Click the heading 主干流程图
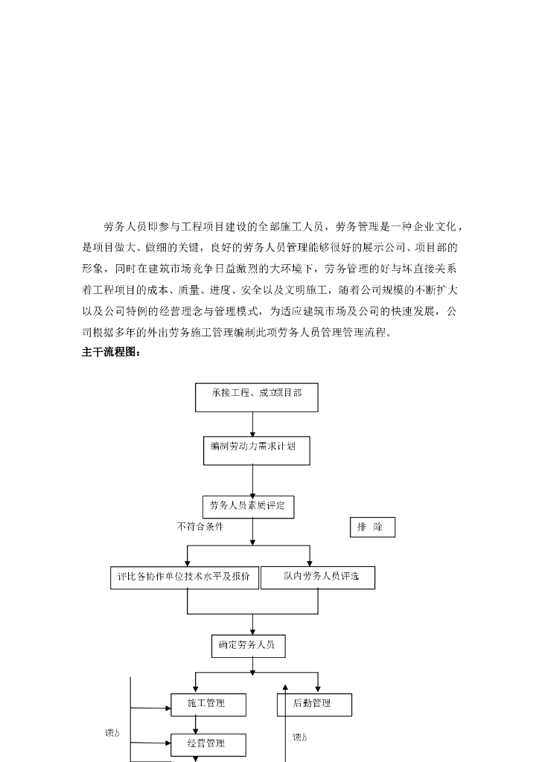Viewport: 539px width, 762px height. (x=111, y=353)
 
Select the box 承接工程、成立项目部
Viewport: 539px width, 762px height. (x=256, y=397)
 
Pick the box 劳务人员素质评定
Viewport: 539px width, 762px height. (x=248, y=507)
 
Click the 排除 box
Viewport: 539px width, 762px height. (x=372, y=528)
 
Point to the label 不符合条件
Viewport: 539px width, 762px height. (x=200, y=527)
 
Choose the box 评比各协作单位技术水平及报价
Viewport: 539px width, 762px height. (x=184, y=577)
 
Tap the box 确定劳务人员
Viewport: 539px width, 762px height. (x=247, y=645)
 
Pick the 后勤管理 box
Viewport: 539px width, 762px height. (x=313, y=704)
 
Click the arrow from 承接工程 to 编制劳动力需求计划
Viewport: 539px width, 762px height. (x=253, y=423)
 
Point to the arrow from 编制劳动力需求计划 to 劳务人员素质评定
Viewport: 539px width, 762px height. (x=253, y=481)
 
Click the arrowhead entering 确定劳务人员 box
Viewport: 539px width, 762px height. (x=253, y=631)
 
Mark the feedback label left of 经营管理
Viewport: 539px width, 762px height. (x=112, y=734)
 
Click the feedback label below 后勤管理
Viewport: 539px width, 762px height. (x=299, y=737)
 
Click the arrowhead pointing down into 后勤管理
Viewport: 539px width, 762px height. (x=318, y=688)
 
